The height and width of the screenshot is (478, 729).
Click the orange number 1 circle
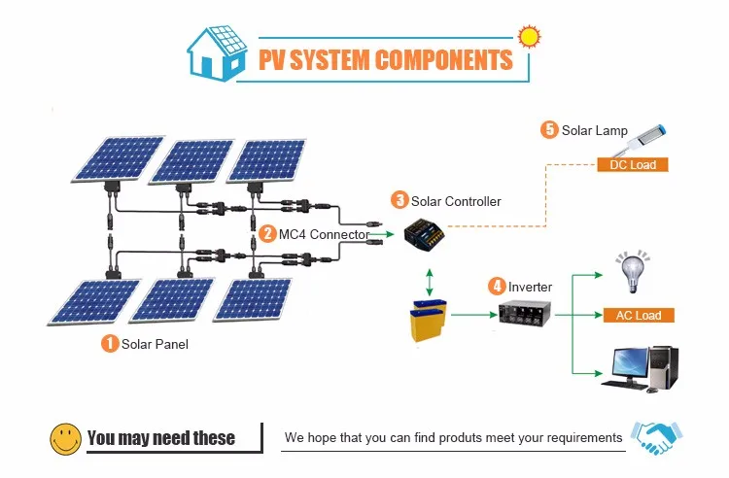110,343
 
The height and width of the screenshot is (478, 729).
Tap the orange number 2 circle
268,233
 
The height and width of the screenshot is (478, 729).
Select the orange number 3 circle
399,200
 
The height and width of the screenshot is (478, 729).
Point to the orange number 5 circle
549,129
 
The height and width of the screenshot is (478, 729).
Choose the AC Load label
638,316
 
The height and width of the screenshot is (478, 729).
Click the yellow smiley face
66,437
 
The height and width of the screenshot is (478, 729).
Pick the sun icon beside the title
529,37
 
